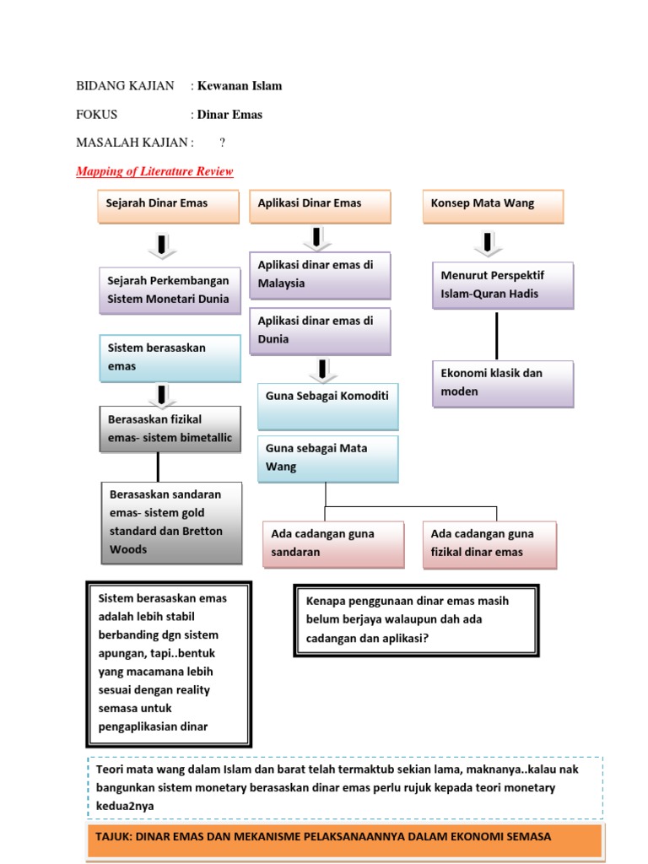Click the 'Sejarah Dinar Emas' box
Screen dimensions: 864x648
point(168,207)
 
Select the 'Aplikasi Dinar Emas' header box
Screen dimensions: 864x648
point(320,207)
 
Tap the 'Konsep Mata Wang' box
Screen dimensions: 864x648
point(493,207)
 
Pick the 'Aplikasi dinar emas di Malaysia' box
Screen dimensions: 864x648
point(320,275)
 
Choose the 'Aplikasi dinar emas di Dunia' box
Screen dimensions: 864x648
point(320,331)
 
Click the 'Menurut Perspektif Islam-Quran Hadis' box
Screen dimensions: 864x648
point(503,285)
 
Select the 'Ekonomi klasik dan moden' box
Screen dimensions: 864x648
point(503,383)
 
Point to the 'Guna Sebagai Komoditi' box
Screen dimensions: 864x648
point(327,405)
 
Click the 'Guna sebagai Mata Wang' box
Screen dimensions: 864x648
point(327,458)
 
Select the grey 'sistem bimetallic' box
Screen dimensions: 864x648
point(170,429)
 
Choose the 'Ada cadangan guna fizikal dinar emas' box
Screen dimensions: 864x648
point(489,543)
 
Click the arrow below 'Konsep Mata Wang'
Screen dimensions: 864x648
point(489,242)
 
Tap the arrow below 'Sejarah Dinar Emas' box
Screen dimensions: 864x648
point(160,246)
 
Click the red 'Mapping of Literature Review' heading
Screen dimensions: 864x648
point(154,172)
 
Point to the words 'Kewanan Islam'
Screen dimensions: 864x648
point(240,86)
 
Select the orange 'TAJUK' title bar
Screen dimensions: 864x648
point(344,839)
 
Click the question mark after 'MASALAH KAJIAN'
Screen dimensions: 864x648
point(223,143)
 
